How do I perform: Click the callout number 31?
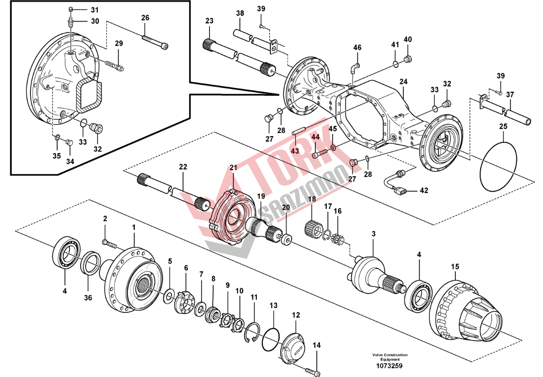click(x=95, y=10)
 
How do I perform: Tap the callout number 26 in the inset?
click(x=145, y=18)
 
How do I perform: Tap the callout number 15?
click(x=455, y=267)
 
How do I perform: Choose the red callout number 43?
click(x=295, y=150)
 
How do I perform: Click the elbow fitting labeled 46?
click(x=354, y=69)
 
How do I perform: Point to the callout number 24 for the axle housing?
click(x=403, y=81)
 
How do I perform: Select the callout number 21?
click(x=233, y=168)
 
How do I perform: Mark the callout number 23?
click(x=209, y=21)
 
